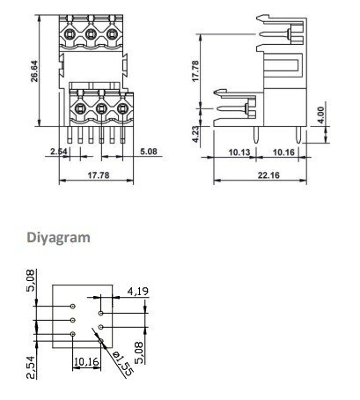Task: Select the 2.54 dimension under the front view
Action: pos(59,152)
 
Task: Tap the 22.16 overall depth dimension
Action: pos(261,174)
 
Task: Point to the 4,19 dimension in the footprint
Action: pos(138,290)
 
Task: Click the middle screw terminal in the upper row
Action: pos(91,34)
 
